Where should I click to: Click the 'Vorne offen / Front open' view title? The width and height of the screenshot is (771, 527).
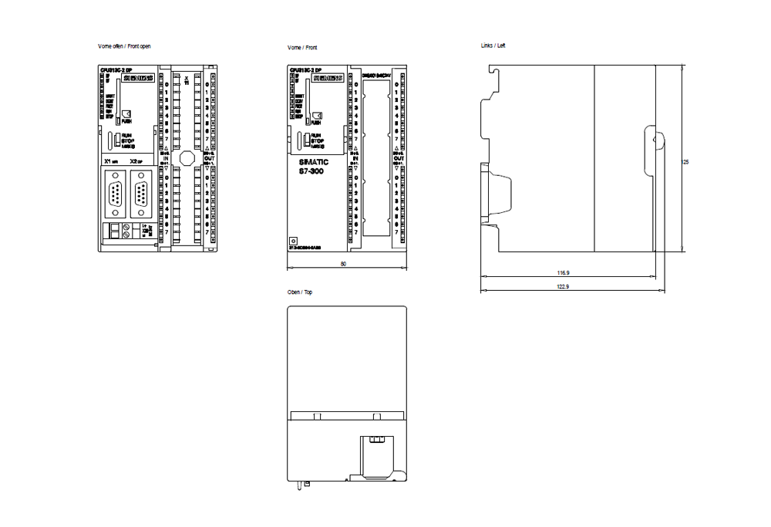[x=123, y=47]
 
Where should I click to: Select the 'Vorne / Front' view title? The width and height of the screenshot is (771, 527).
[x=301, y=47]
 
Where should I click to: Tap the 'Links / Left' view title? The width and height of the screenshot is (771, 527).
[x=493, y=46]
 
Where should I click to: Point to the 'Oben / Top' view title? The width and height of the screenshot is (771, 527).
[x=300, y=292]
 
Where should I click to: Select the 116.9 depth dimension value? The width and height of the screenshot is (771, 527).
[x=563, y=273]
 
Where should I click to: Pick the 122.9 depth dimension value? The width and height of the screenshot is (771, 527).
[x=563, y=287]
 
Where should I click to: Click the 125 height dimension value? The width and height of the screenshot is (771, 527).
[x=685, y=162]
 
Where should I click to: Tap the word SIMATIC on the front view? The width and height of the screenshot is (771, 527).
[x=313, y=162]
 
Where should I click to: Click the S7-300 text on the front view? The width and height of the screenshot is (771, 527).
[x=313, y=171]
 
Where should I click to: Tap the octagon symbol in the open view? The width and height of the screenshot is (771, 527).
[x=185, y=158]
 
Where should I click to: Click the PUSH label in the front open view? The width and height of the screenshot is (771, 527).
[x=126, y=122]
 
